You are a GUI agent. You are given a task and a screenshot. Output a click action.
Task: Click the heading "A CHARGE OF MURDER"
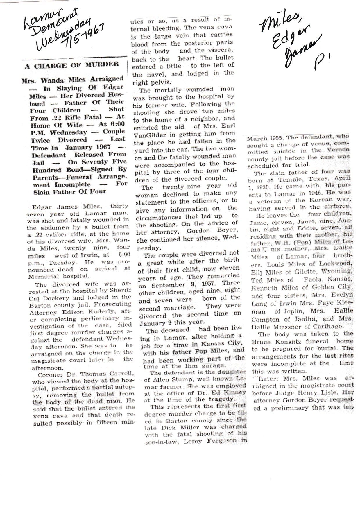(72, 65)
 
